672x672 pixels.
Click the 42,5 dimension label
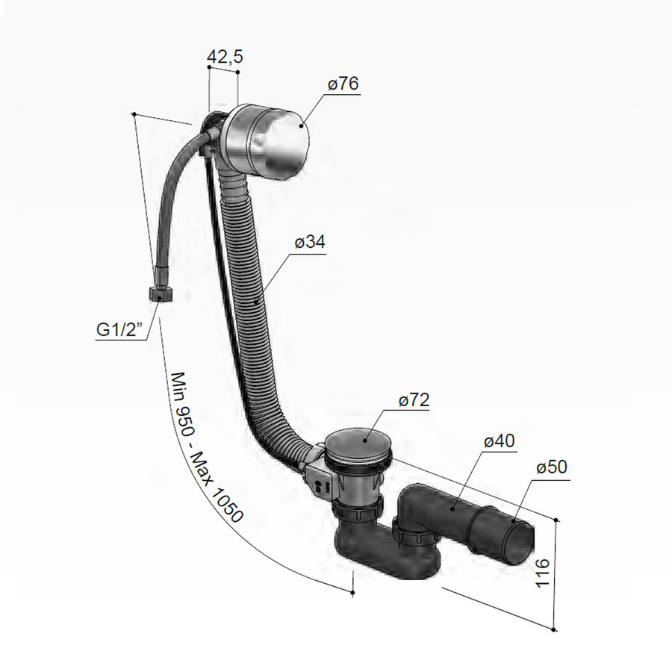click(225, 57)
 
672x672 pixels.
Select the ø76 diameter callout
click(343, 84)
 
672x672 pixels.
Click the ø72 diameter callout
click(413, 400)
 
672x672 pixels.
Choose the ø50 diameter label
click(552, 467)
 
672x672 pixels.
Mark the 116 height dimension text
click(543, 573)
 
